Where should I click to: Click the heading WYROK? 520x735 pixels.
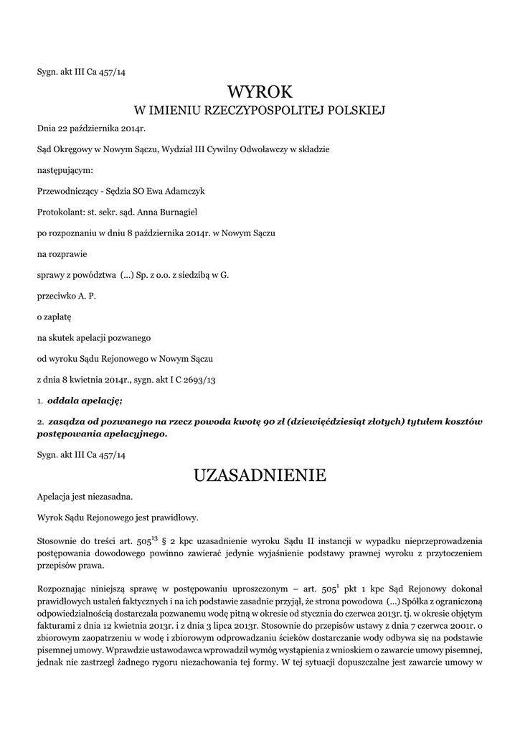coord(260,92)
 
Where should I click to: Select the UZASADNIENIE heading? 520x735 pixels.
coord(260,475)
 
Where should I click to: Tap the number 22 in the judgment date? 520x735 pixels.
coord(61,128)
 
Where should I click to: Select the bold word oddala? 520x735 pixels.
coord(63,400)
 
